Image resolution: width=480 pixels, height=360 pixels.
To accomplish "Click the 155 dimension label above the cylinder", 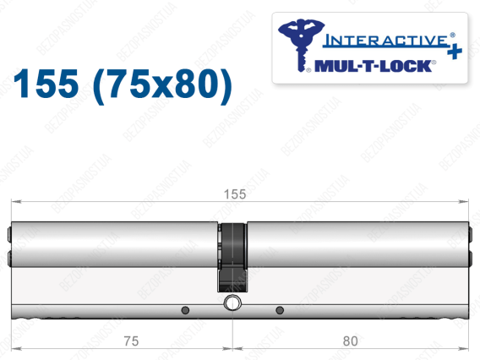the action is [235, 194].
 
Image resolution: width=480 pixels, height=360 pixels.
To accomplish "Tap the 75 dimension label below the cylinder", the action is [131, 341].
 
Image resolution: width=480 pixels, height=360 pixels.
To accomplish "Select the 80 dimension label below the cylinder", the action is [350, 341].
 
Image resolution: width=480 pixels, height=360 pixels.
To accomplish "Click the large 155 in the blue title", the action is [46, 84].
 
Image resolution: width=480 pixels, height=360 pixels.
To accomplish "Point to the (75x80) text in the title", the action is [162, 85].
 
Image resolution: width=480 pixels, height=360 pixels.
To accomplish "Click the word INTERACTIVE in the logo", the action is [385, 41].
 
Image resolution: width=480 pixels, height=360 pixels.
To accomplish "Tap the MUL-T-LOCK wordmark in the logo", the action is [373, 66].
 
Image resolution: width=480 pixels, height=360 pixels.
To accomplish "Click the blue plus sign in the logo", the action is [455, 51].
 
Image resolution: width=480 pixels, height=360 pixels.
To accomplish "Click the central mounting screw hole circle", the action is [232, 303].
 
